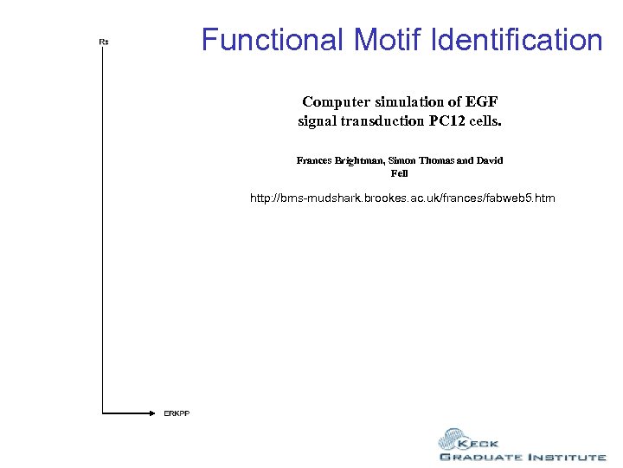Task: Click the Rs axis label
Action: click(x=104, y=42)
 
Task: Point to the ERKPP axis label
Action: click(x=177, y=413)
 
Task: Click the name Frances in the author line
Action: click(x=316, y=160)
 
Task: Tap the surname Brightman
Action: click(x=366, y=160)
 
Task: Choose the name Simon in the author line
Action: click(x=414, y=160)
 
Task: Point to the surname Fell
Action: click(x=400, y=173)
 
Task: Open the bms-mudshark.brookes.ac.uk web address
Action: click(x=402, y=198)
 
